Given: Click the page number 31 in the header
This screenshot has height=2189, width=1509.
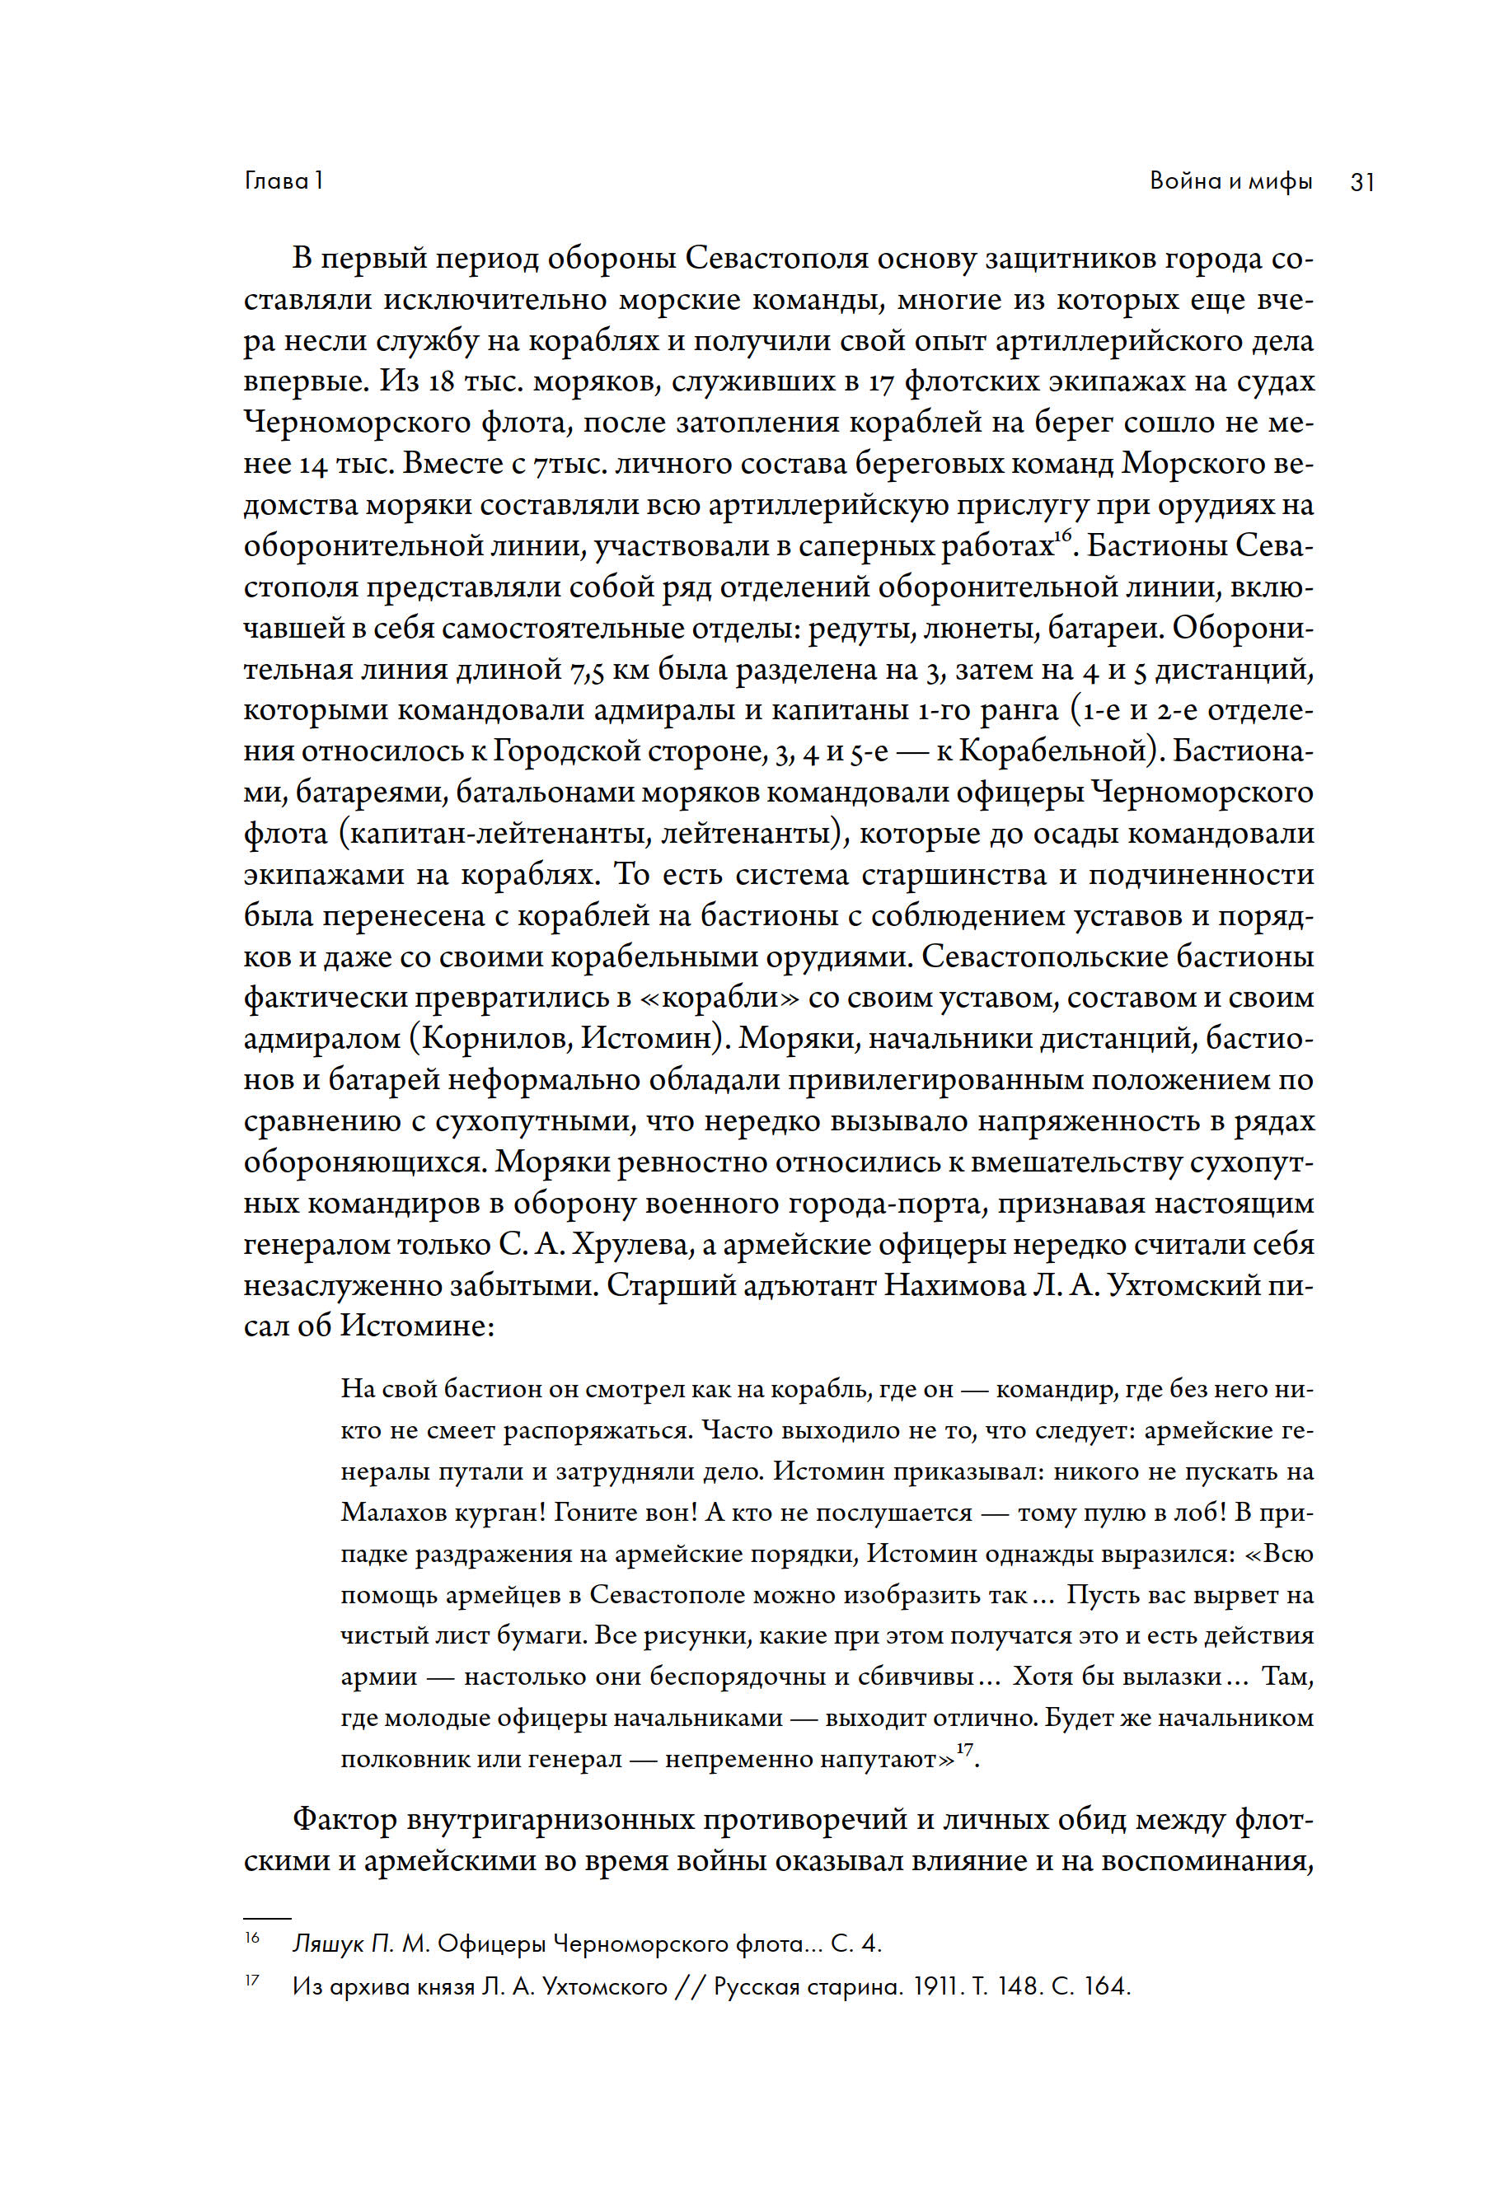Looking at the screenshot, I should pyautogui.click(x=1361, y=181).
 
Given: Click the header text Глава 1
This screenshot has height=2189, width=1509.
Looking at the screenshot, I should pyautogui.click(x=284, y=180).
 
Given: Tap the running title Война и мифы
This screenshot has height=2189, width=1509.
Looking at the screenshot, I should pyautogui.click(x=1231, y=180).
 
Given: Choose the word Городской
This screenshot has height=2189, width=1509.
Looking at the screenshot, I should pyautogui.click(x=556, y=751).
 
